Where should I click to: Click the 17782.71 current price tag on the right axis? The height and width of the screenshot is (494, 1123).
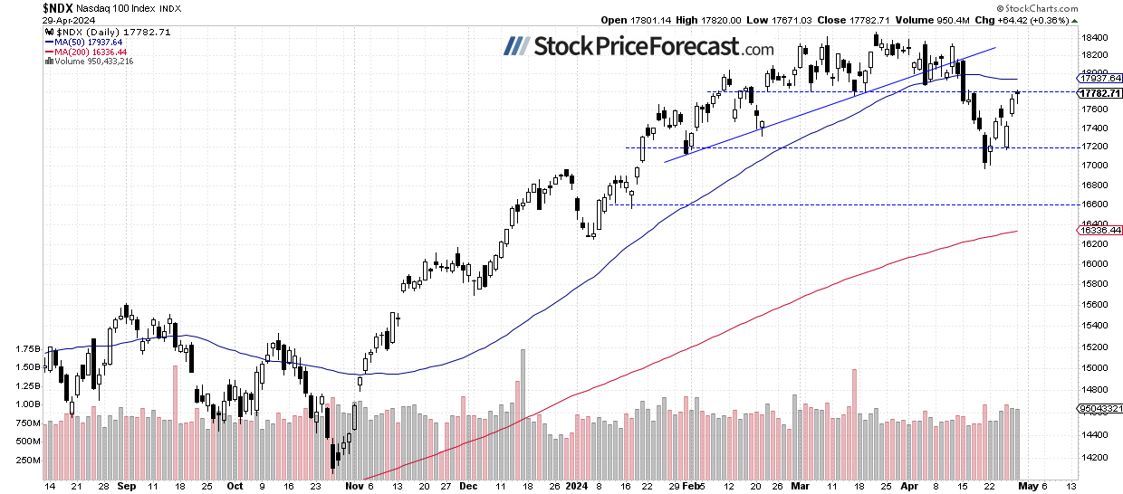click(x=1099, y=92)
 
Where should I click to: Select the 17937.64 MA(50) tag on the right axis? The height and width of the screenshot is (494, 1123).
click(x=1099, y=79)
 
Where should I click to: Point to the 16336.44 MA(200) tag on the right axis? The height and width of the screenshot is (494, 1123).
click(x=1099, y=232)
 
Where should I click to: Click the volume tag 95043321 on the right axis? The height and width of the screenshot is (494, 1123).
click(x=1099, y=409)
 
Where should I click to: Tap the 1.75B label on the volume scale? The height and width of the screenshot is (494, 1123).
click(x=28, y=348)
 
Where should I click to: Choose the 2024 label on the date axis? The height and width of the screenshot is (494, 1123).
click(x=578, y=485)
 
